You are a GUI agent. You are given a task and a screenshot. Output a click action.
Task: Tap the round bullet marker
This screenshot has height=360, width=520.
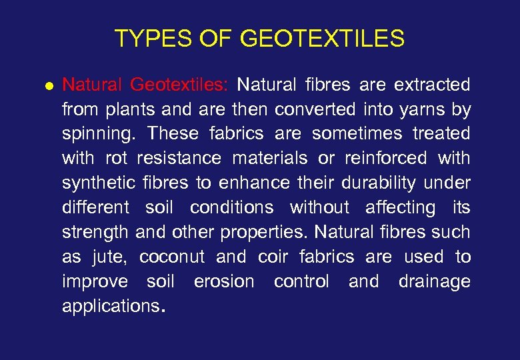48,87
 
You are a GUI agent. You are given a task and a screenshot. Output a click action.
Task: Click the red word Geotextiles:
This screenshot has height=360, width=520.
179,85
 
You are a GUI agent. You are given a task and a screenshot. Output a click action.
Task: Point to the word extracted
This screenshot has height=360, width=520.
432,85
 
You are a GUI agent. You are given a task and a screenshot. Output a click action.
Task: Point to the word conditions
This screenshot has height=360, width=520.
231,208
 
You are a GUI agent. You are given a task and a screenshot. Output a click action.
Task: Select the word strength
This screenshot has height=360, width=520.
95,233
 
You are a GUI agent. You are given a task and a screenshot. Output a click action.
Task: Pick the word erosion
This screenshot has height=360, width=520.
224,281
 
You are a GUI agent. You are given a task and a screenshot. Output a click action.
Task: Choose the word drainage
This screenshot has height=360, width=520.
434,282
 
